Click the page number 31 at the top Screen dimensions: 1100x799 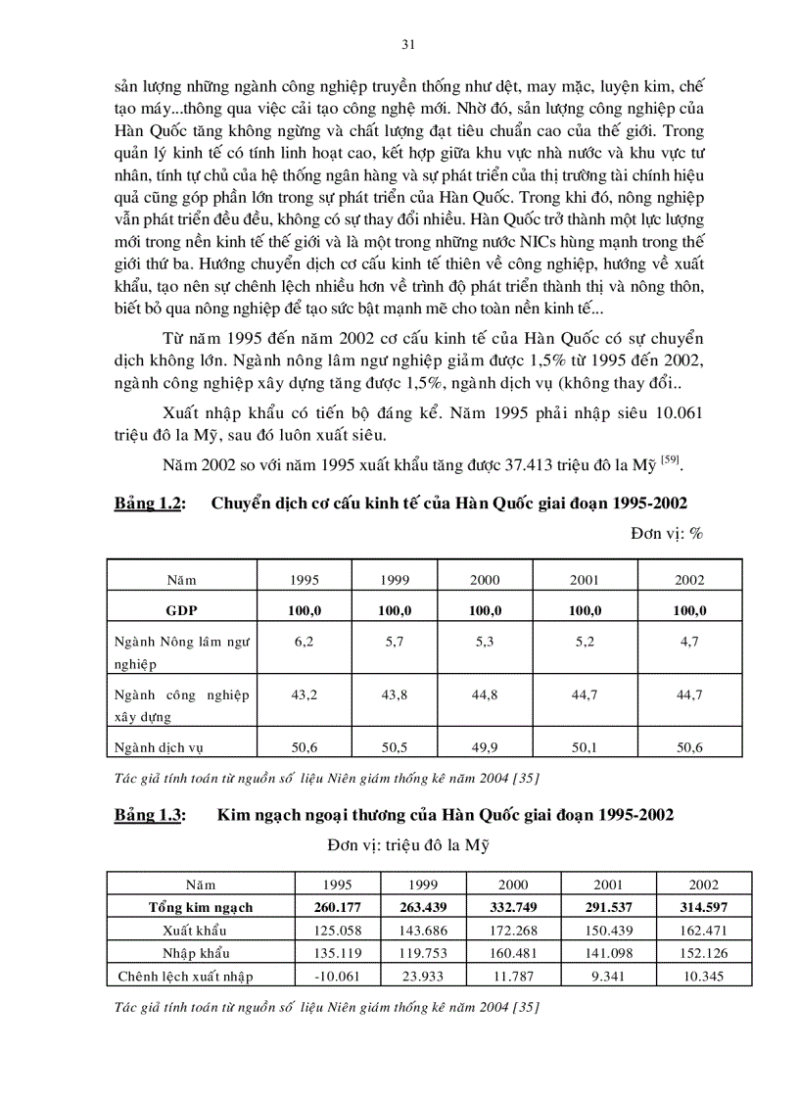pyautogui.click(x=409, y=44)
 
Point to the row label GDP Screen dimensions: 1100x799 pyautogui.click(x=181, y=610)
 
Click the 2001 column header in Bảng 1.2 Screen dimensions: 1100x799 pyautogui.click(x=585, y=580)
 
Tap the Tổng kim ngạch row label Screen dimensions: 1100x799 pyautogui.click(x=200, y=907)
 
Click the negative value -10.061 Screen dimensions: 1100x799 pyautogui.click(x=335, y=976)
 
